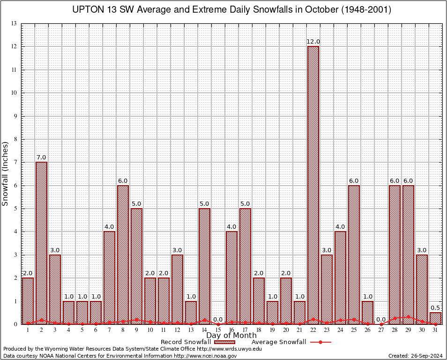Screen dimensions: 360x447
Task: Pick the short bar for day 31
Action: pos(435,318)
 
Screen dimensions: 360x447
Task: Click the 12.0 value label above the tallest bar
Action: pos(313,42)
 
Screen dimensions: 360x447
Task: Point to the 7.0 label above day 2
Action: pos(41,157)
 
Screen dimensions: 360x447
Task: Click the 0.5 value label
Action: pos(435,308)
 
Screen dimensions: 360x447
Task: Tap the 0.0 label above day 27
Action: pos(381,320)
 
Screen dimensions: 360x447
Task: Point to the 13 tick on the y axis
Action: pos(14,23)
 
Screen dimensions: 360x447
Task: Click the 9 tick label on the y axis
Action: pos(15,116)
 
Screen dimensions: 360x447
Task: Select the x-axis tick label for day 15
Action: pos(218,330)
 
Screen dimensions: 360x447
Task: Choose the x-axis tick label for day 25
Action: pos(354,330)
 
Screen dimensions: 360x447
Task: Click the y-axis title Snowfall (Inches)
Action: pos(6,173)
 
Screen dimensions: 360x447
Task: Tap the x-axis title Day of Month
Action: pos(231,336)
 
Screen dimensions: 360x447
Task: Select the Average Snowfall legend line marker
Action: pos(320,342)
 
